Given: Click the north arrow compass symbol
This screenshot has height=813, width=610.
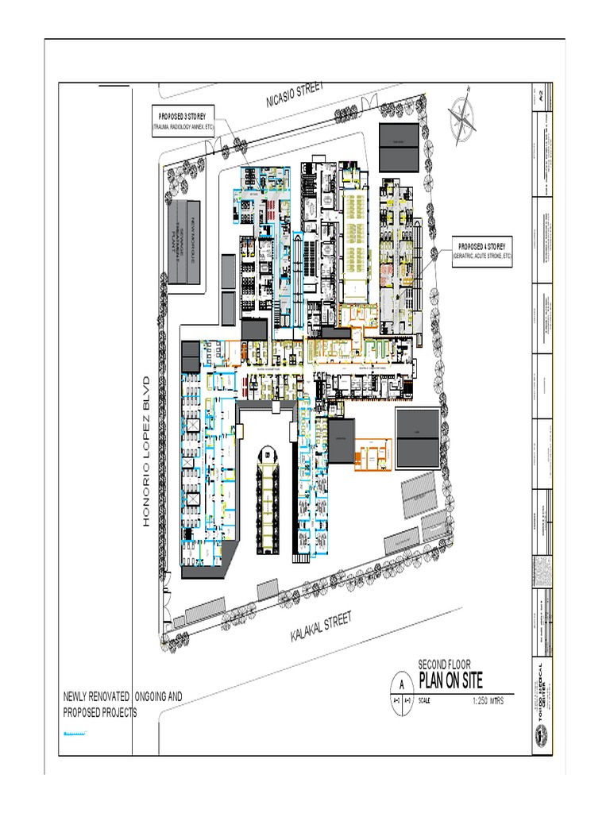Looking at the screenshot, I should (461, 118).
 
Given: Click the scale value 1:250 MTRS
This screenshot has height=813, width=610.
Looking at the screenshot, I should (488, 701).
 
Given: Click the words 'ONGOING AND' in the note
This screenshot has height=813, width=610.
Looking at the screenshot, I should (159, 696).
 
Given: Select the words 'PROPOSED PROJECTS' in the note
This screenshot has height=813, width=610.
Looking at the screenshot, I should (100, 712).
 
